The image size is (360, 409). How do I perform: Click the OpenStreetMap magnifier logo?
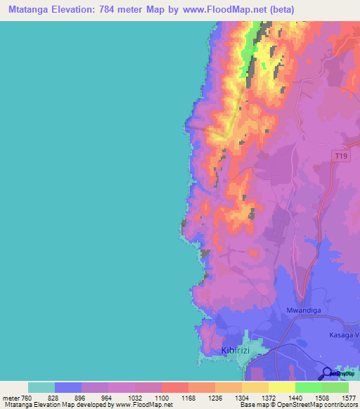point(328,373)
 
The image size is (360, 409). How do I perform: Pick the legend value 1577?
point(347,397)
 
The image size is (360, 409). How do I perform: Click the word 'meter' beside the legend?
point(8,397)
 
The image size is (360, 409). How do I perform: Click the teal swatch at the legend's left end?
point(41,387)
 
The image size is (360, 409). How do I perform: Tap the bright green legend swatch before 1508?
point(308,387)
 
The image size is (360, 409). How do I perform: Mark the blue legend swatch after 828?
point(68,387)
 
